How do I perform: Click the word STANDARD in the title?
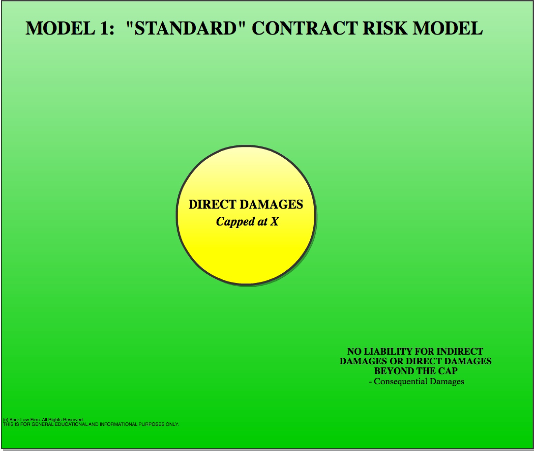[x=186, y=28]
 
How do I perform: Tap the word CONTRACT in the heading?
[x=305, y=28]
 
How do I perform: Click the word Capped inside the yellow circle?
[x=235, y=222]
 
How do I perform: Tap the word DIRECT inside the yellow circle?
[x=212, y=204]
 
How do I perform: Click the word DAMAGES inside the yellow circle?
[x=271, y=204]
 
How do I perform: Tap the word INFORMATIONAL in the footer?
[x=118, y=424]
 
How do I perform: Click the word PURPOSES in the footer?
[x=151, y=424]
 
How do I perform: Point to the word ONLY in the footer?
[x=172, y=424]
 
